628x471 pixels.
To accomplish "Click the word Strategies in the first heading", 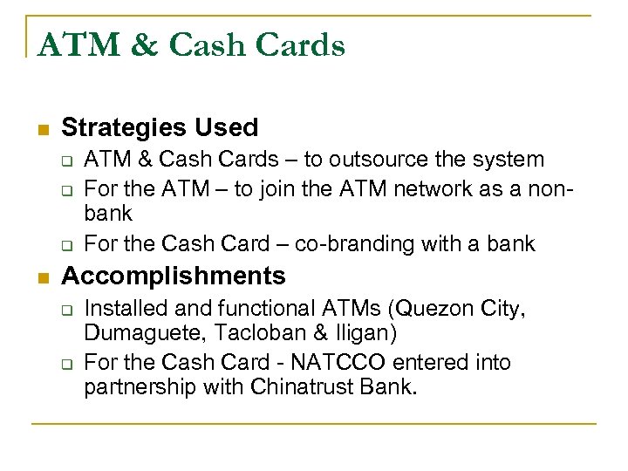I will (x=124, y=127).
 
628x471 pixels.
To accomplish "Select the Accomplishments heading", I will (x=174, y=276).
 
